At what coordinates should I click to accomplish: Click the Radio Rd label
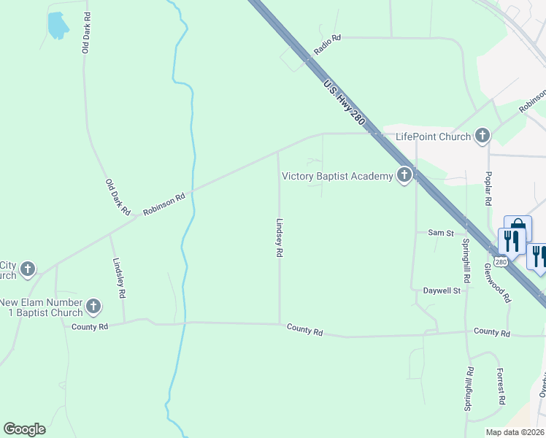328,45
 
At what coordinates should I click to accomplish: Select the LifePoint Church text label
433,137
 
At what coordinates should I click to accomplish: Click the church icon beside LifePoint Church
482,135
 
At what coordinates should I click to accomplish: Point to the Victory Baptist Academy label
337,176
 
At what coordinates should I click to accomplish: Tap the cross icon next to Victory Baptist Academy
404,175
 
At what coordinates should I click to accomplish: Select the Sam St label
441,233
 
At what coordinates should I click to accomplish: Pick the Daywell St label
442,291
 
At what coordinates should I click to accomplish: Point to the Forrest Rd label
500,385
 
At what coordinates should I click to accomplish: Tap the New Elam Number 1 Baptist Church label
41,307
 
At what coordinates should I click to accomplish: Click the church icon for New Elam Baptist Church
93,307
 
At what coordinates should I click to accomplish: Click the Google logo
24,429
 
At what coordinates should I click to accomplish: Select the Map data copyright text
515,432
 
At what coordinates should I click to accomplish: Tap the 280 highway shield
500,261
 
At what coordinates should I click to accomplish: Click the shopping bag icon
518,226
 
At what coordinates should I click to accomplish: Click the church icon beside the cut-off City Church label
28,269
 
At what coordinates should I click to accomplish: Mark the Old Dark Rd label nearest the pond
86,32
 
